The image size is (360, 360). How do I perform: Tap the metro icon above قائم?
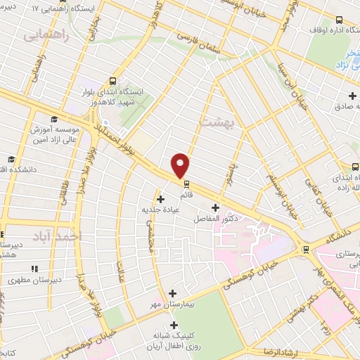point(186,184)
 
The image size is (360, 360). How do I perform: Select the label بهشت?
point(214,123)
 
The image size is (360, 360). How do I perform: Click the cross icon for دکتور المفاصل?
point(215,208)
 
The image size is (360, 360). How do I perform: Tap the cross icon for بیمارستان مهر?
point(174,292)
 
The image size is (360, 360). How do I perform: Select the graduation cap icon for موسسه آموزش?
point(55,120)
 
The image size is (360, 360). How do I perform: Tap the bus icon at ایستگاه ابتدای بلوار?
point(114,81)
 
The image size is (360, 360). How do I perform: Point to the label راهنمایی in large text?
point(48,36)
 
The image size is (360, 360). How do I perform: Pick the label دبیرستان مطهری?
point(27,279)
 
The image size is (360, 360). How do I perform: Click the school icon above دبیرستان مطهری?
point(34,268)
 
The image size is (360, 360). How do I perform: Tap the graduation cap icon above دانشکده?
point(10,159)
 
